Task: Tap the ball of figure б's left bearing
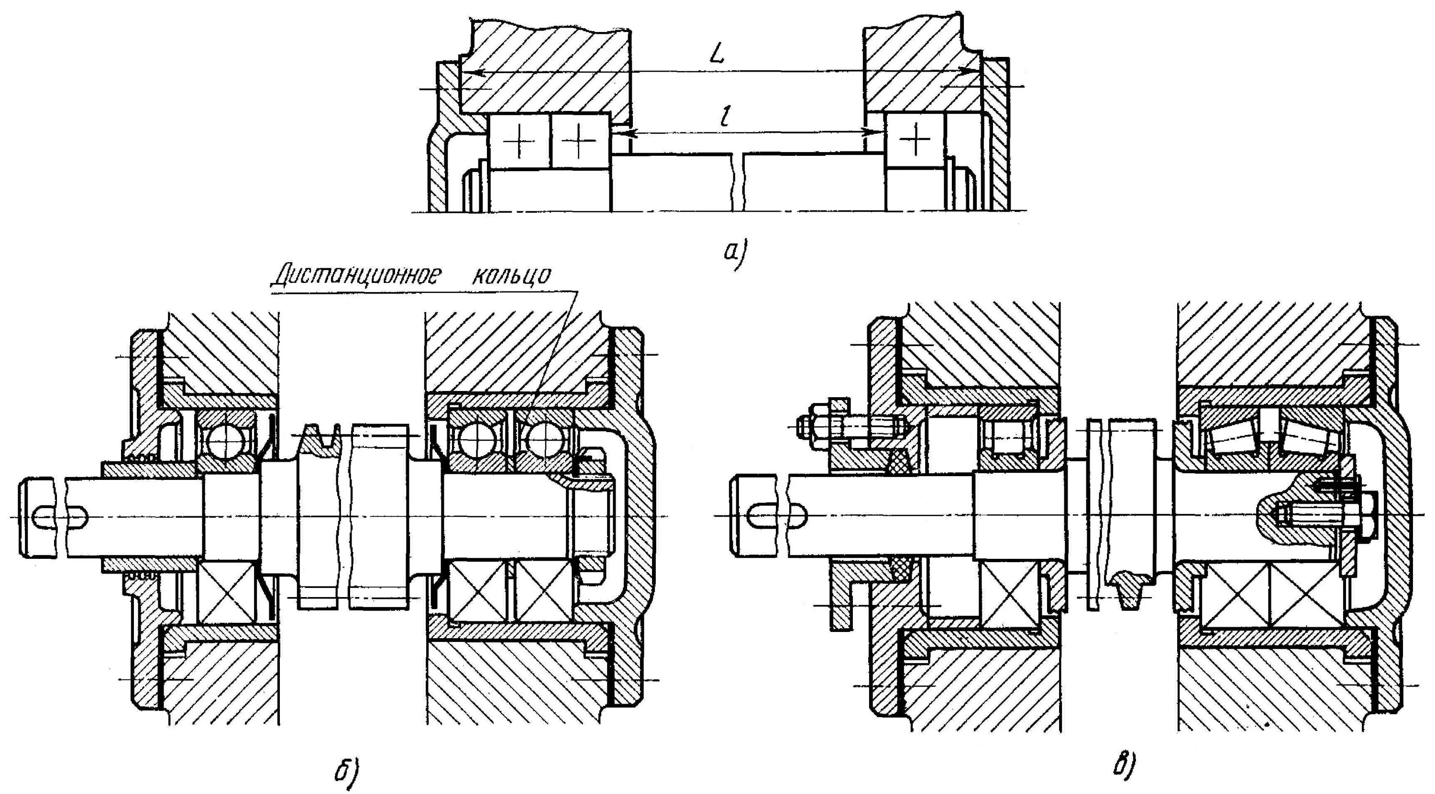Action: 226,441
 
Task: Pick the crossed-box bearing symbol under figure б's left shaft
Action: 226,592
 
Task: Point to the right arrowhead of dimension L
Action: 972,71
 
